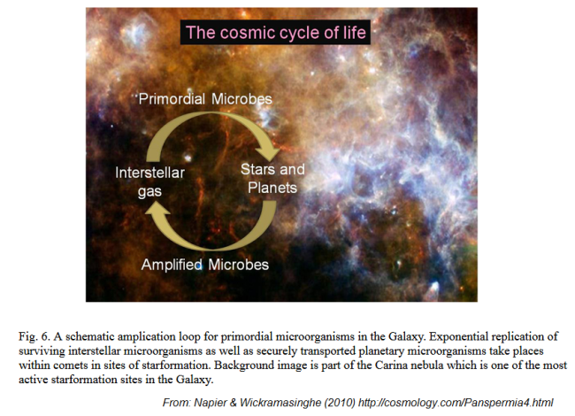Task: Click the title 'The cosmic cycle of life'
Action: coord(276,33)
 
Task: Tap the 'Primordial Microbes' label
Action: coord(205,99)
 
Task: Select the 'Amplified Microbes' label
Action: coord(205,265)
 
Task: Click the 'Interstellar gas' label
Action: coord(149,182)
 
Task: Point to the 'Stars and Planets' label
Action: coord(272,179)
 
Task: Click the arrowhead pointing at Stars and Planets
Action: coord(268,152)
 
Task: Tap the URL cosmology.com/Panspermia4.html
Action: coord(456,403)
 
